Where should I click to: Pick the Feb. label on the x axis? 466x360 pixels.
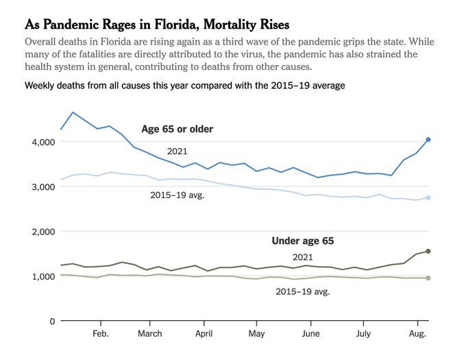pyautogui.click(x=101, y=334)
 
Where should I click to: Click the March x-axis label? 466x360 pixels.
pyautogui.click(x=150, y=334)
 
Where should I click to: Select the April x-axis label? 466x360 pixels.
pyautogui.click(x=204, y=334)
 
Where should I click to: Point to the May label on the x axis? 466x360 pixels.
pyautogui.click(x=256, y=334)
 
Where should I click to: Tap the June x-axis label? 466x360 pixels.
pyautogui.click(x=310, y=334)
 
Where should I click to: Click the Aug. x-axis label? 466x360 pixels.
pyautogui.click(x=417, y=334)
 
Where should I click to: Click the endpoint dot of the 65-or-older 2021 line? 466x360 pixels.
pyautogui.click(x=428, y=140)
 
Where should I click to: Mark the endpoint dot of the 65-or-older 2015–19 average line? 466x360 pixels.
pyautogui.click(x=428, y=197)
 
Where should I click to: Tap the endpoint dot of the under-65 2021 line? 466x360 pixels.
pyautogui.click(x=428, y=251)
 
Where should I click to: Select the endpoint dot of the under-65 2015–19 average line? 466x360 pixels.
pyautogui.click(x=428, y=278)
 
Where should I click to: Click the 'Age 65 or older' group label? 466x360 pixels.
pyautogui.click(x=177, y=129)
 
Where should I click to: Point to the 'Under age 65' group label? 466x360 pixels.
pyautogui.click(x=302, y=241)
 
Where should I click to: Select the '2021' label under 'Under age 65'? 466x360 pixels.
pyautogui.click(x=302, y=256)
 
